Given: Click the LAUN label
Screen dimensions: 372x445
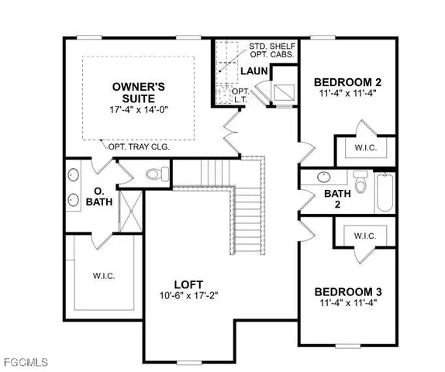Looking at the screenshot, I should point(253,71).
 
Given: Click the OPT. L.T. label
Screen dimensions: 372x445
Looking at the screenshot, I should point(243,96).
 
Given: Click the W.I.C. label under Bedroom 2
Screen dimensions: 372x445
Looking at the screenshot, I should point(364,147).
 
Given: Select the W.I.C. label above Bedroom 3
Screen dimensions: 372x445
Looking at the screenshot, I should point(364,236).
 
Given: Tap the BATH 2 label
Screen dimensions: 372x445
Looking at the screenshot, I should point(337,199).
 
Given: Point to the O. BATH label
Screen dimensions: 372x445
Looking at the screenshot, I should point(100,197).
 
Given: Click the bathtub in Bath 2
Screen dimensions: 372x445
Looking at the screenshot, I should point(385,193).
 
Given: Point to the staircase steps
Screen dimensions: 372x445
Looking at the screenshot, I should point(249,213).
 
